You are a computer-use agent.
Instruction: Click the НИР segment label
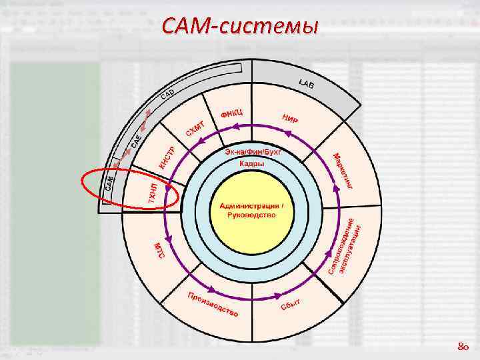[x=290, y=120]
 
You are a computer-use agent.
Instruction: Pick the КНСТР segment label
[x=167, y=157]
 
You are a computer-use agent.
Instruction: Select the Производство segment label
[x=213, y=305]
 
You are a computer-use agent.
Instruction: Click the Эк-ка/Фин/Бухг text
[x=253, y=153]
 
